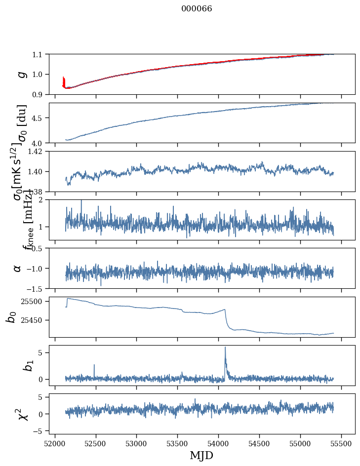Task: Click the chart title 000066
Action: click(197, 9)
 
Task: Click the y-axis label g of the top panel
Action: click(21, 74)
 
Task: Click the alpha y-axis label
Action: click(18, 268)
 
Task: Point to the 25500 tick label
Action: click(35, 302)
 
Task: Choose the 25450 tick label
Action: click(35, 320)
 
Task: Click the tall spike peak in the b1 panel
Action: click(225, 347)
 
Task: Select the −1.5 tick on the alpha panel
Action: click(37, 288)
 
